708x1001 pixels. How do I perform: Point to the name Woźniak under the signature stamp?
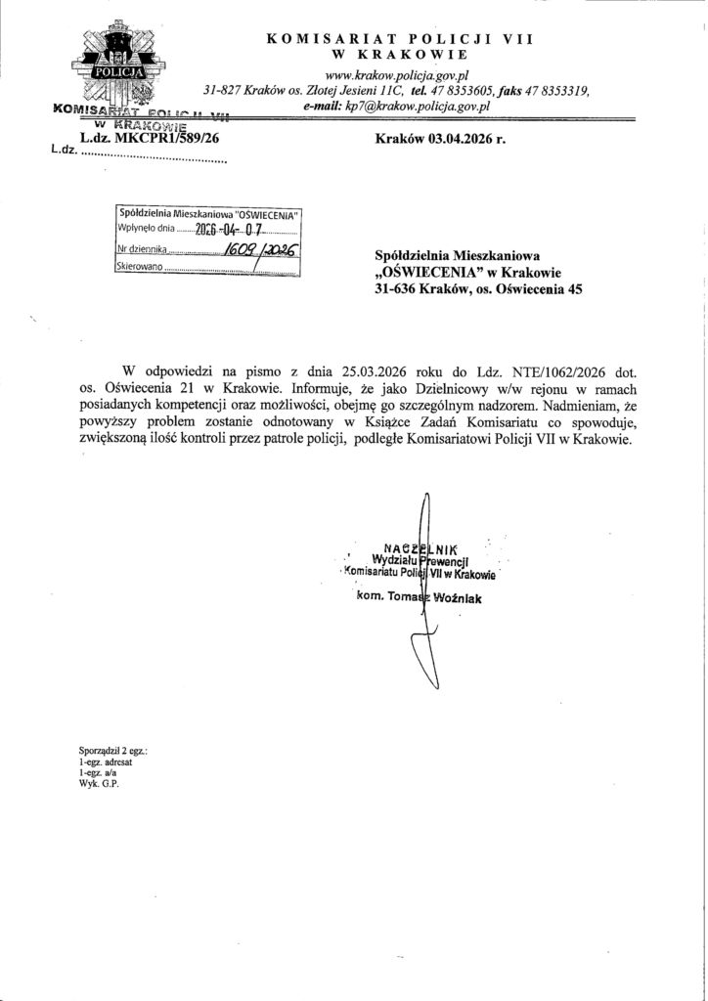tap(460, 599)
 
